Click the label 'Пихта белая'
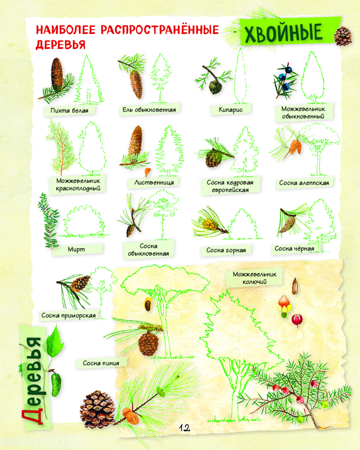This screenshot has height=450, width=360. pyautogui.click(x=69, y=111)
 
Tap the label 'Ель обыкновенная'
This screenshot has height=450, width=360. pyautogui.click(x=149, y=110)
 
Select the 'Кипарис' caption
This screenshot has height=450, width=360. pyautogui.click(x=230, y=110)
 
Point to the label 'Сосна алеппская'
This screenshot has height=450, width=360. pyautogui.click(x=304, y=183)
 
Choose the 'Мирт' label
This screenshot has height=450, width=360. pyautogui.click(x=76, y=249)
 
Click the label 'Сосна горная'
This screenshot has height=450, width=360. pyautogui.click(x=226, y=250)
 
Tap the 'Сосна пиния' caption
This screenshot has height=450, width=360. pyautogui.click(x=101, y=363)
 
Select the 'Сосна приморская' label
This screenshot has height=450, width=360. pyautogui.click(x=68, y=315)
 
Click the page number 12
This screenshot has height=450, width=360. pyautogui.click(x=184, y=428)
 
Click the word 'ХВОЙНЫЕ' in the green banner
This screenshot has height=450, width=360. pyautogui.click(x=283, y=33)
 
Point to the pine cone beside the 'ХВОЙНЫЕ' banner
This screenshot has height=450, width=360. pyautogui.click(x=343, y=36)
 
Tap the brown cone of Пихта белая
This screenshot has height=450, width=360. pyautogui.click(x=57, y=74)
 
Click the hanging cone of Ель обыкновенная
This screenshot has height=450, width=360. pyautogui.click(x=136, y=84)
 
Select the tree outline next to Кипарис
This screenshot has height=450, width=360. pyautogui.click(x=241, y=77)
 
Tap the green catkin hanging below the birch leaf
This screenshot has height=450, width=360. pyautogui.click(x=56, y=384)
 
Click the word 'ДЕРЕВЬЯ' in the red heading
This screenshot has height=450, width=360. pyautogui.click(x=61, y=45)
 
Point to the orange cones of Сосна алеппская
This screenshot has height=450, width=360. pyautogui.click(x=295, y=147)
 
